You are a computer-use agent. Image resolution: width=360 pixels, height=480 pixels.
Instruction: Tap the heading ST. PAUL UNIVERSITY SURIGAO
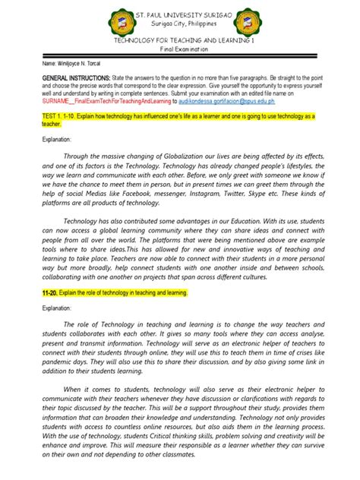tap(180, 15)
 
